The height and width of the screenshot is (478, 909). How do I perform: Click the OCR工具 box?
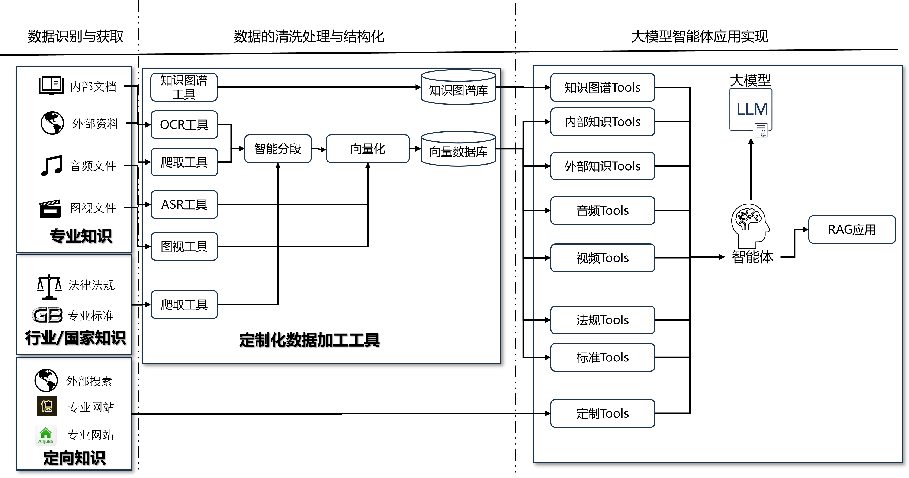click(x=184, y=125)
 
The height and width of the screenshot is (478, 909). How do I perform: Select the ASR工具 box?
click(x=184, y=204)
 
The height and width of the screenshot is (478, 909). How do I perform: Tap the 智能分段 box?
click(x=278, y=149)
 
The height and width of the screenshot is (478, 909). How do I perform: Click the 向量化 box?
click(x=368, y=149)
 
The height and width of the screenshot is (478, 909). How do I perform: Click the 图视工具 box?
click(x=184, y=246)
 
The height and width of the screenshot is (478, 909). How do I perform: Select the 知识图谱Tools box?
click(x=602, y=87)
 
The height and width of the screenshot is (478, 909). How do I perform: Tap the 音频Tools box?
click(x=602, y=210)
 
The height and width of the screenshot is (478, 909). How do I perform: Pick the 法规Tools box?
click(x=602, y=320)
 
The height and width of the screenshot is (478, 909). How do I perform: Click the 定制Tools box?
click(x=602, y=413)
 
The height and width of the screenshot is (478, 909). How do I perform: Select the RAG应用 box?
click(x=852, y=229)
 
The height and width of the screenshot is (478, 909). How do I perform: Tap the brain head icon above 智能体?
click(x=750, y=225)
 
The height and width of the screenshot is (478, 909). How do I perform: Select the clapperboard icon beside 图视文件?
click(x=50, y=209)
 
